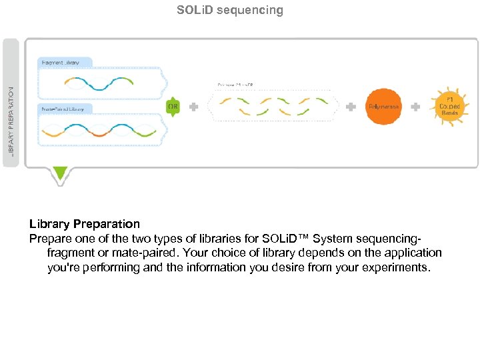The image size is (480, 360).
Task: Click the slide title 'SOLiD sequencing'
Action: [230, 10]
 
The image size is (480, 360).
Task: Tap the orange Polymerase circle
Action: [383, 107]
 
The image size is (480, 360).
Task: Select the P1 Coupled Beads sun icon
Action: [449, 107]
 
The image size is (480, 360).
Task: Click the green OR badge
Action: [173, 107]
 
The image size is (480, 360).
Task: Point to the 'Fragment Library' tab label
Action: [61, 63]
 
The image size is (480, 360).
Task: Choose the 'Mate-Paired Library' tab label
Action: [63, 109]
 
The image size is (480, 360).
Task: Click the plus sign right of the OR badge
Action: [193, 107]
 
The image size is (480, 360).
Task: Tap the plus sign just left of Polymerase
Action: [351, 107]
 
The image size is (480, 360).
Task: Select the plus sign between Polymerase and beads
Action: [415, 107]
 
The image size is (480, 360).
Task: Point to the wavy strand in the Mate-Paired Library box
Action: [99, 131]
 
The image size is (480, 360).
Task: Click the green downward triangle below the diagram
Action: [61, 174]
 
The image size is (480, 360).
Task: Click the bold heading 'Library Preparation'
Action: [85, 224]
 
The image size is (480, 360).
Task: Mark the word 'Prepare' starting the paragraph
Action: [49, 239]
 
